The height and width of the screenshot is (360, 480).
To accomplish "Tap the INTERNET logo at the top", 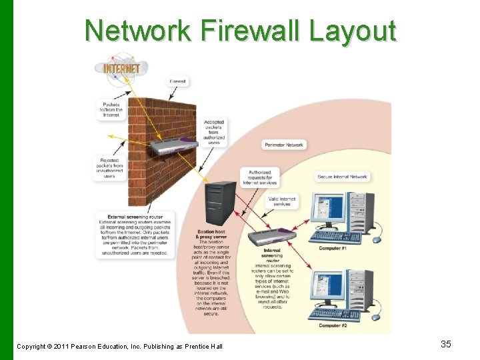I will point(119,68).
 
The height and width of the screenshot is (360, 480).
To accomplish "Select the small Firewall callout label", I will point(178,81).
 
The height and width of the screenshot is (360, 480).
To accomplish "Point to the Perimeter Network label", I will point(285,145).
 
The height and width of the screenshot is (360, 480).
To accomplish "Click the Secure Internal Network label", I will point(342,177).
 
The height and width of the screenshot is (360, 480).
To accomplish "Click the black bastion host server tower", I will point(221,203).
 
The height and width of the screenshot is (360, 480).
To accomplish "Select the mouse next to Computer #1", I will point(377,239).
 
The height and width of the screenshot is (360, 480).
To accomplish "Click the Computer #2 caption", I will point(333,325).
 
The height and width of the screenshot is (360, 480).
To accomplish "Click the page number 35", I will point(446,344).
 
